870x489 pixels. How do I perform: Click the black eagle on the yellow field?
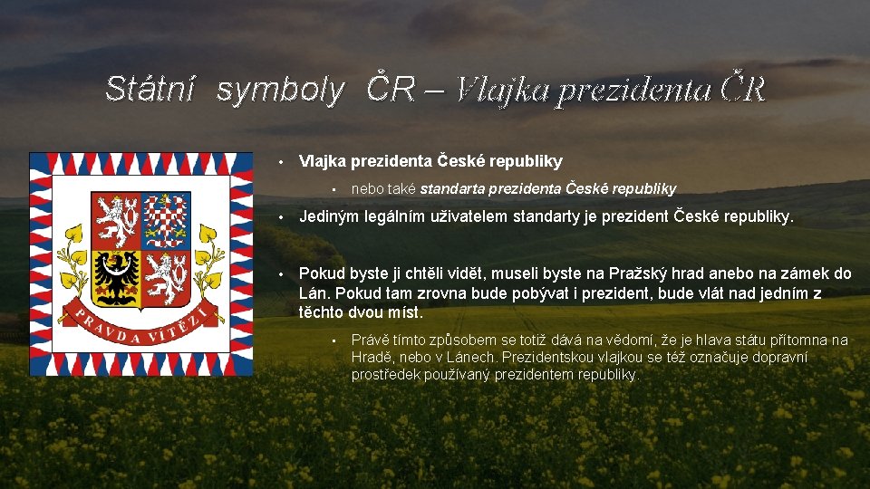[116, 275]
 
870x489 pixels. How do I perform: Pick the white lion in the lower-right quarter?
[166, 275]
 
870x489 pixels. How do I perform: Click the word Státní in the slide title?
[150, 89]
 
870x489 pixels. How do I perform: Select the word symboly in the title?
[281, 89]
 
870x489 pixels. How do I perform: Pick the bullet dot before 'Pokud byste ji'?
[282, 273]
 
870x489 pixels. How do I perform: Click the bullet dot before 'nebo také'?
[334, 189]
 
